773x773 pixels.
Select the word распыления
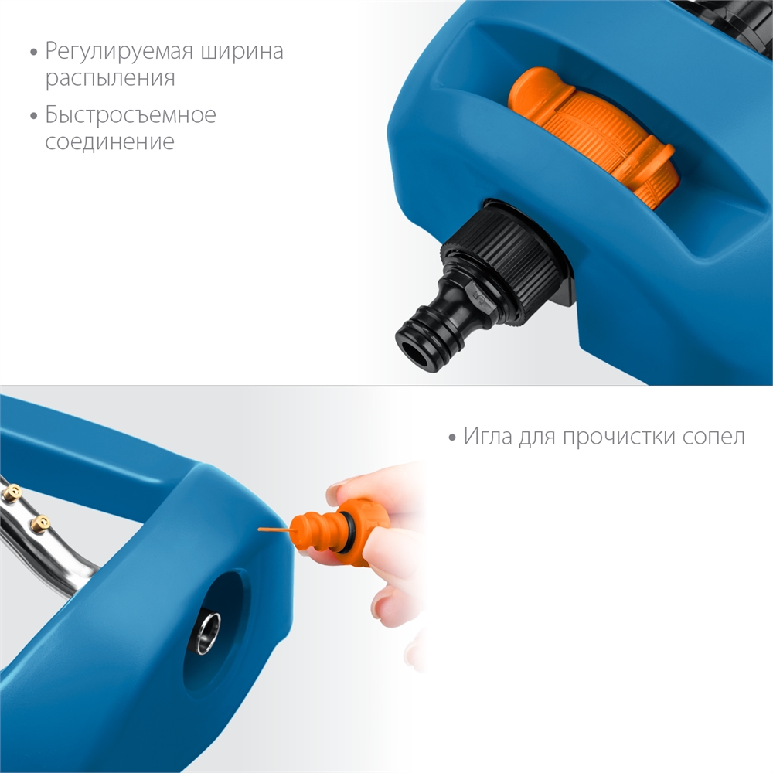coord(110,79)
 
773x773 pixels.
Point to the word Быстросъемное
coord(130,116)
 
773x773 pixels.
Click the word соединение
coord(109,142)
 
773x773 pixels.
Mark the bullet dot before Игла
coord(452,438)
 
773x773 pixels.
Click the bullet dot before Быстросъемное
coord(33,117)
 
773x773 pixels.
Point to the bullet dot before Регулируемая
coord(33,53)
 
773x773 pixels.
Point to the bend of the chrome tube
coord(81,568)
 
